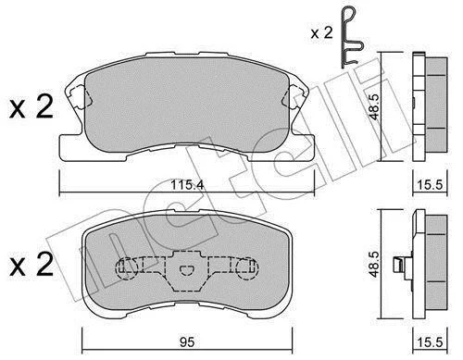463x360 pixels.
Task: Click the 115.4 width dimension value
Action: click(187, 185)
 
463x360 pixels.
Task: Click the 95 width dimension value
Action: click(187, 342)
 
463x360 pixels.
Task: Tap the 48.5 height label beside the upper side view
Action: click(374, 106)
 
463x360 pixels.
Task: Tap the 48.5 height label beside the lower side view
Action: click(374, 264)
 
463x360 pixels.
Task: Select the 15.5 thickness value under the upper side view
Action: click(430, 185)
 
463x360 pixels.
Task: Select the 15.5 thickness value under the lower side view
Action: click(430, 342)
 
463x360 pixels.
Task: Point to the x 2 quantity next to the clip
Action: click(321, 32)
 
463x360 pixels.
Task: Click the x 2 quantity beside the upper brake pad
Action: click(31, 107)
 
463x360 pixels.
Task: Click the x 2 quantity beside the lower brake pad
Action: click(31, 265)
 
